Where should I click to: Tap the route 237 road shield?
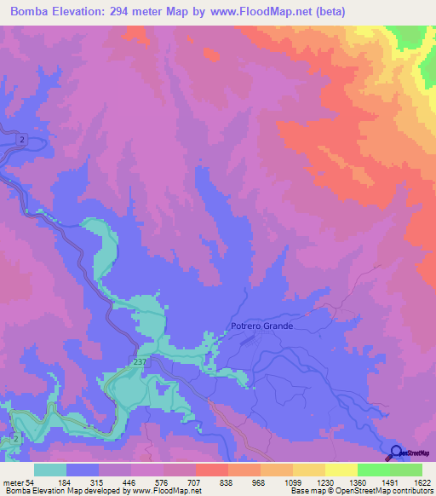140,362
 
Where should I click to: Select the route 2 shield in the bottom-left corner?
16,438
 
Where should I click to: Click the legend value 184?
66,482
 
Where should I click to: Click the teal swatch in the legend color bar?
50,470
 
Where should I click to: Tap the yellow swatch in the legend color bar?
341,470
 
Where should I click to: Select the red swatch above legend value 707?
211,470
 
